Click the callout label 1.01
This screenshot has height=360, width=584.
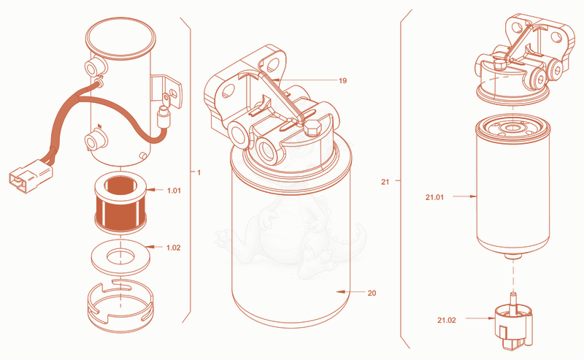174,191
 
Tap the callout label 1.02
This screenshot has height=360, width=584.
173,248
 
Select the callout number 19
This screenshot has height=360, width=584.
342,80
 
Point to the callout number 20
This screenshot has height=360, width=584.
372,294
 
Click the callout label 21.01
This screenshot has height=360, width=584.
434,197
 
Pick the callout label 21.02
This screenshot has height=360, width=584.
447,320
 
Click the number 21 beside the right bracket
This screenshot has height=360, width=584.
385,182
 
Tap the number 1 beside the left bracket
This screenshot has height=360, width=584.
199,172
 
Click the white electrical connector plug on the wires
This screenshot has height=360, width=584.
31,175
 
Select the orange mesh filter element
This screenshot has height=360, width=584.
120,202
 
